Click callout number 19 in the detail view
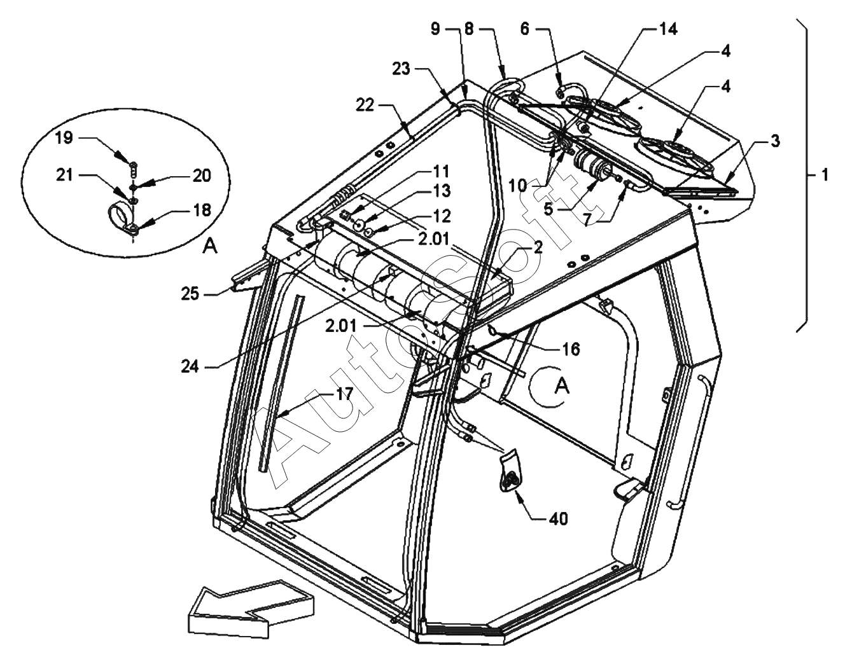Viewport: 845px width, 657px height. point(64,138)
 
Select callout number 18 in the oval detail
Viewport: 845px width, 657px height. point(202,210)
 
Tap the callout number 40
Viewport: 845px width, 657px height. point(559,518)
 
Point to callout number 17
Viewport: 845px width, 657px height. point(344,394)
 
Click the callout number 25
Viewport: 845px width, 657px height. point(190,294)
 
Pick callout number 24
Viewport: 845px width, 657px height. point(190,367)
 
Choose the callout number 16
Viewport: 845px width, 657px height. point(571,349)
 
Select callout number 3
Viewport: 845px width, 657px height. point(776,141)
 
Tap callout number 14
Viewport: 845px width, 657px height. point(668,29)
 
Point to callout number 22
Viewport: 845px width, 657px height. point(365,105)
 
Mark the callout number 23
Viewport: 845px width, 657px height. point(401,69)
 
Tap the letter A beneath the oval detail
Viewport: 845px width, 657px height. point(210,246)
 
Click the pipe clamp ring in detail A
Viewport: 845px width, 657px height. point(120,217)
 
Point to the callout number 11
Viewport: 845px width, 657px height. point(440,171)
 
